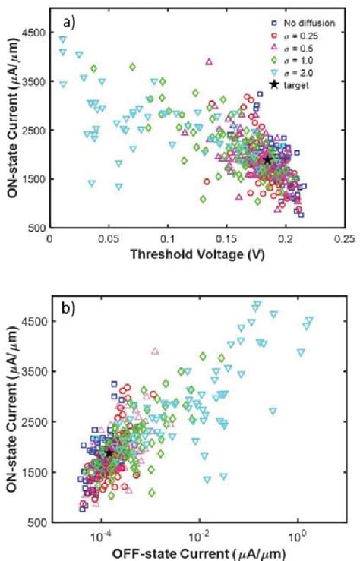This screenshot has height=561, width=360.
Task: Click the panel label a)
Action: coord(69,24)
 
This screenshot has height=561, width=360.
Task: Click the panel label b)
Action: coord(70,309)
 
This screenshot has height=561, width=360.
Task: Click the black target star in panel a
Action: coord(267,160)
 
